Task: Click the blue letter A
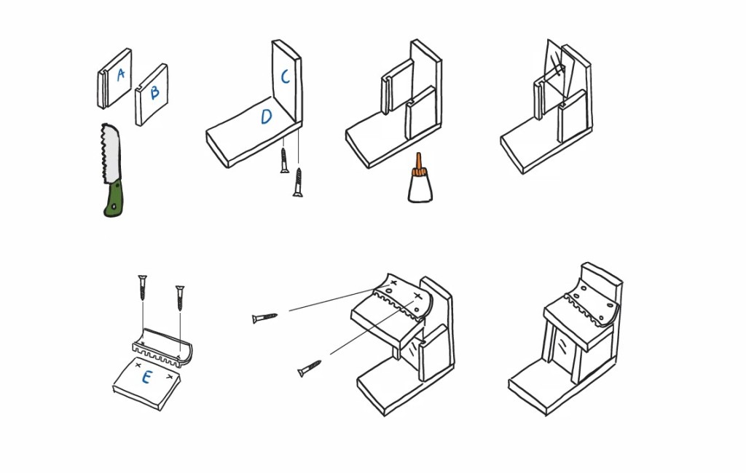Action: (120, 73)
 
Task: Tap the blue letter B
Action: (154, 92)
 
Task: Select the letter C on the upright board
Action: (285, 76)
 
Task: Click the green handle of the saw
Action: (113, 200)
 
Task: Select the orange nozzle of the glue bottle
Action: (419, 162)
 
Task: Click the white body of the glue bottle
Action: (420, 188)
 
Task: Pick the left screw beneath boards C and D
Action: (284, 161)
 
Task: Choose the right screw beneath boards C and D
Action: (298, 182)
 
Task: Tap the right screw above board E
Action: (178, 298)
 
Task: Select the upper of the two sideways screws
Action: (264, 318)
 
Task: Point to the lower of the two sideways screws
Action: (310, 369)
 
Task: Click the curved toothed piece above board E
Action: (161, 349)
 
